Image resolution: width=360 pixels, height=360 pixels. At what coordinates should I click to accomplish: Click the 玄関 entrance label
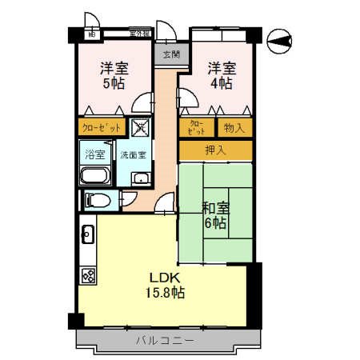click(x=170, y=54)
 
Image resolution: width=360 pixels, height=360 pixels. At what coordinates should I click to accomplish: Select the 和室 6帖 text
click(x=215, y=214)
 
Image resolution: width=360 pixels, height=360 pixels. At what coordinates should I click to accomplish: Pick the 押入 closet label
click(x=216, y=150)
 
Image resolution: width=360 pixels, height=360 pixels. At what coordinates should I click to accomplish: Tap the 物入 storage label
click(x=234, y=127)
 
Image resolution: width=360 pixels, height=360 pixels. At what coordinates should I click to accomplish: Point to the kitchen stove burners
click(x=88, y=275)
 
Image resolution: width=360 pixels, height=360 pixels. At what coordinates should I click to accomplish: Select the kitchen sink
click(x=88, y=235)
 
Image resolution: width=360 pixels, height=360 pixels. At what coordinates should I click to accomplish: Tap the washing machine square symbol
click(x=140, y=126)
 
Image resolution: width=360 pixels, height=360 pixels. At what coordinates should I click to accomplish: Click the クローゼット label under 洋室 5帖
click(x=102, y=127)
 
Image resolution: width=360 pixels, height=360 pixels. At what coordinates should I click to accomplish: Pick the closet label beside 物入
click(x=197, y=127)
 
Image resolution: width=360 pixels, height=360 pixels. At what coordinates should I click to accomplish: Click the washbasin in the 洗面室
click(x=141, y=178)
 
